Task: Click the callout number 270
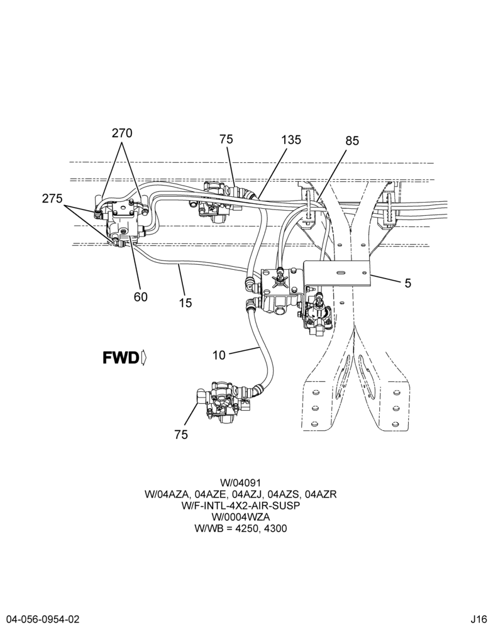coord(122,133)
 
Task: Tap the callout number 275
coord(52,198)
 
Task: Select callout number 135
coord(291,140)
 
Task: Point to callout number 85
coord(352,141)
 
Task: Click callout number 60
coord(141,297)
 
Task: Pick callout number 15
coord(186,303)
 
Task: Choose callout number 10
coord(219,355)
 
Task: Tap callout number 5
coord(408,283)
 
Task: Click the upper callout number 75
coord(226,139)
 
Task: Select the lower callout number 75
coord(181,435)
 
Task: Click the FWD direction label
coord(121,358)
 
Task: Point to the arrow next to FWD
coord(144,358)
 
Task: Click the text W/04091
coord(240,482)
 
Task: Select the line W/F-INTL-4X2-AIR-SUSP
coord(240,506)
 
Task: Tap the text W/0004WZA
coord(240,517)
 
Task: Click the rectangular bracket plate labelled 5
coord(337,274)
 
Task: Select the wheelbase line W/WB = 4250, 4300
coord(240,528)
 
